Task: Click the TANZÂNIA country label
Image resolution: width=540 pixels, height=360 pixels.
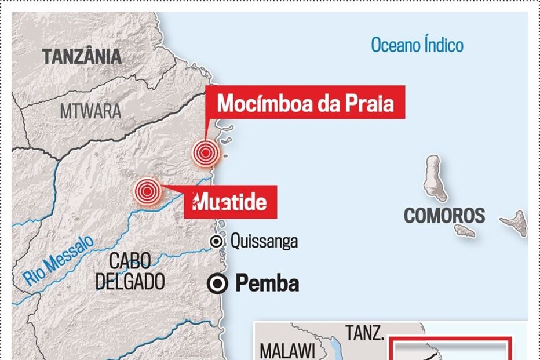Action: pyautogui.click(x=81, y=57)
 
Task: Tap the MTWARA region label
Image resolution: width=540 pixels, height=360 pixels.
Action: pyautogui.click(x=90, y=111)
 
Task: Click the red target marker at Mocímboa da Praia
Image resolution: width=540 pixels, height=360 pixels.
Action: pyautogui.click(x=206, y=152)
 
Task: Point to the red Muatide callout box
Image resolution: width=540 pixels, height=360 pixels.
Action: pyautogui.click(x=230, y=202)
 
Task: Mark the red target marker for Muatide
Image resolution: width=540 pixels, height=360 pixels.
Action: pyautogui.click(x=147, y=191)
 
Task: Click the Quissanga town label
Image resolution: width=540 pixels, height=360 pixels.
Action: pyautogui.click(x=264, y=241)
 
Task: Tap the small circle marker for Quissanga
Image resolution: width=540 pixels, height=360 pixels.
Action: pyautogui.click(x=216, y=241)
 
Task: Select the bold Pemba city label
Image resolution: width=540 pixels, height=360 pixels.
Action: pyautogui.click(x=267, y=283)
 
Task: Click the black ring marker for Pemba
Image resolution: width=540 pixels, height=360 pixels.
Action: pyautogui.click(x=218, y=283)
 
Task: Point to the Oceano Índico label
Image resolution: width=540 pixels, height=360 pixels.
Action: pyautogui.click(x=417, y=45)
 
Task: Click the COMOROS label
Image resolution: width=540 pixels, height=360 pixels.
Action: pyautogui.click(x=444, y=216)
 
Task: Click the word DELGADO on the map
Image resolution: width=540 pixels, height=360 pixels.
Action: pyautogui.click(x=130, y=281)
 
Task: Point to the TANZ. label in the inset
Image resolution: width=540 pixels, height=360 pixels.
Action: pyautogui.click(x=365, y=333)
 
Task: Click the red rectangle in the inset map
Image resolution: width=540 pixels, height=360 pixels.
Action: pyautogui.click(x=450, y=348)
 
